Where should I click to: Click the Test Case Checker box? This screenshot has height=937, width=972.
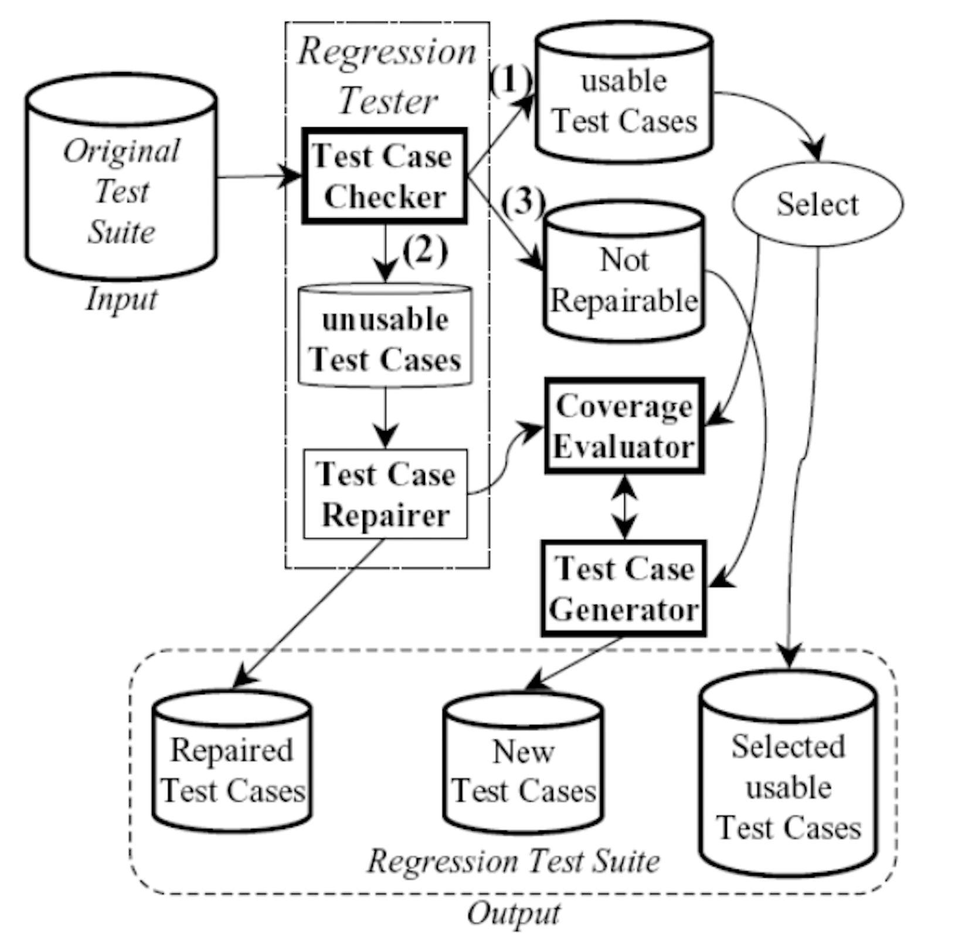pyautogui.click(x=384, y=176)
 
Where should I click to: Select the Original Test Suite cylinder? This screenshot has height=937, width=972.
pyautogui.click(x=121, y=182)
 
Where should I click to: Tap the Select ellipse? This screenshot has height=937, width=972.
pyautogui.click(x=817, y=205)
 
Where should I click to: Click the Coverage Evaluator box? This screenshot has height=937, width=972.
pyautogui.click(x=624, y=426)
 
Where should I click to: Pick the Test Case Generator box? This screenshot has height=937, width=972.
pyautogui.click(x=624, y=589)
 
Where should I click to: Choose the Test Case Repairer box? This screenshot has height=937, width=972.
pyautogui.click(x=385, y=494)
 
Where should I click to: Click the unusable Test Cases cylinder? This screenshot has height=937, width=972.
pyautogui.click(x=385, y=337)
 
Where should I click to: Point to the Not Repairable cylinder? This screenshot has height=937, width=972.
pyautogui.click(x=624, y=276)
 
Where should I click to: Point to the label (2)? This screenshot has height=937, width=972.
pyautogui.click(x=425, y=251)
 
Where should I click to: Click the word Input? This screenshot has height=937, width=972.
pyautogui.click(x=121, y=299)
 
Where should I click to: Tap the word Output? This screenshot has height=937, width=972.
pyautogui.click(x=513, y=914)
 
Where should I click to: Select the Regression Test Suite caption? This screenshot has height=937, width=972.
pyautogui.click(x=513, y=861)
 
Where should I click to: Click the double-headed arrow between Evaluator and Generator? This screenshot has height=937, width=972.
pyautogui.click(x=625, y=507)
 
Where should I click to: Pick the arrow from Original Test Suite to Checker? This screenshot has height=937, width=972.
pyautogui.click(x=258, y=175)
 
